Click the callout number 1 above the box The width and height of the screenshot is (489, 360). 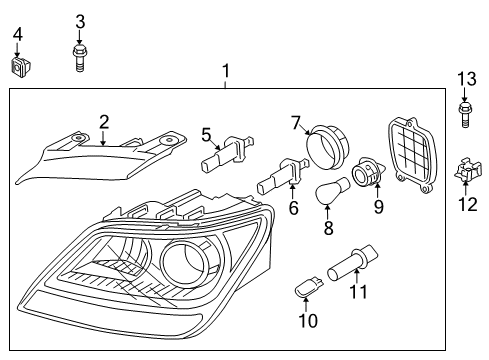tap(226, 71)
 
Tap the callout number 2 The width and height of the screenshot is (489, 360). tap(103, 122)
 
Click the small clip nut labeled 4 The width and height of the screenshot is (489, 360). tap(18, 68)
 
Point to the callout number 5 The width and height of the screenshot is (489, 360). tap(206, 133)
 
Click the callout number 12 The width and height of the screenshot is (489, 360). tap(465, 205)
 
